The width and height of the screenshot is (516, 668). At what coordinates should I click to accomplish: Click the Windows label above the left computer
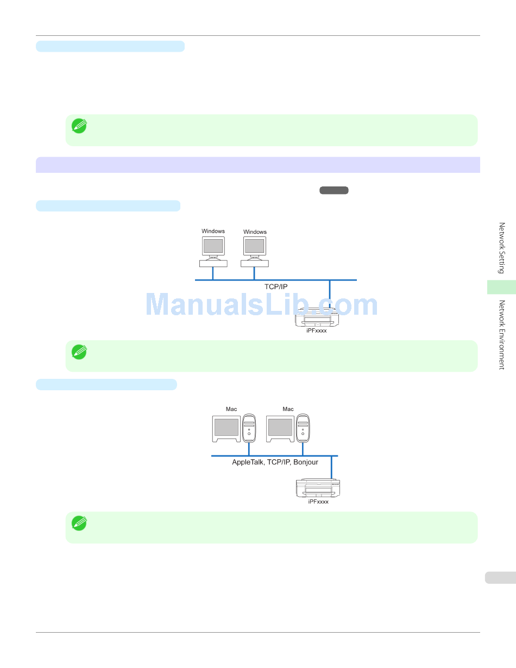(x=213, y=231)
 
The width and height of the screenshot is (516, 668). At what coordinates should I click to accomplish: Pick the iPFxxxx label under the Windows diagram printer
(x=317, y=330)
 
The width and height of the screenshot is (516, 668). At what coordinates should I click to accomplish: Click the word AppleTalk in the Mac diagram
(x=248, y=462)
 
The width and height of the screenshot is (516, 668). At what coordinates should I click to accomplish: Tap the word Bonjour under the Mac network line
(x=306, y=462)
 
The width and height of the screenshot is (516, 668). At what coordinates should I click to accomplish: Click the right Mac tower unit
(x=303, y=427)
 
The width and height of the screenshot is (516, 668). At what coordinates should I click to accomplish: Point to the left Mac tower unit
(x=249, y=427)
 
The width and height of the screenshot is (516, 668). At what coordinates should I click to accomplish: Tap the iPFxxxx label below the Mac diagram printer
(x=318, y=502)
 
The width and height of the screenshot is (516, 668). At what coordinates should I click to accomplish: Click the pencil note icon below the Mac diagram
(x=79, y=523)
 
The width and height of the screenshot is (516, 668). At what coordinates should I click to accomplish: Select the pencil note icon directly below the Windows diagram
(x=79, y=351)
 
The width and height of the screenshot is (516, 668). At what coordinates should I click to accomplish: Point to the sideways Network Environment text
(x=502, y=335)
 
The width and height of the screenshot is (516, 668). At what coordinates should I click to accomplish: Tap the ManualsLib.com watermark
(x=262, y=305)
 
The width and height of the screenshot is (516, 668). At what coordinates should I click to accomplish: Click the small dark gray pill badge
(x=334, y=190)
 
